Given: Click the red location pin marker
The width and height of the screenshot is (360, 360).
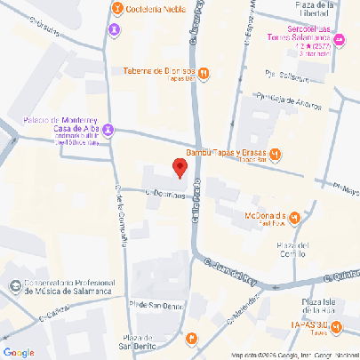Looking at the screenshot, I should pos(179,167).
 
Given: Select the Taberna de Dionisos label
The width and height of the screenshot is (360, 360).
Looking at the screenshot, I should pos(160,72).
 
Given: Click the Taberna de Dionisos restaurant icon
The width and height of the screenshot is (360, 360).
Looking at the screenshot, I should pos(204,74).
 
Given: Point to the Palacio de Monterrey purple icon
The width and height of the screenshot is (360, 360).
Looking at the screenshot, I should pos(108,132).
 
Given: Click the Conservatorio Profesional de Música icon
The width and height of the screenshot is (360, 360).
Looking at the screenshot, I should pos(13,286).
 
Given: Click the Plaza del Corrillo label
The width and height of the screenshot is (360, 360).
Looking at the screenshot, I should pos(292,250).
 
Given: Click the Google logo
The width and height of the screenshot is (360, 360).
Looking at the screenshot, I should pos(19,352).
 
